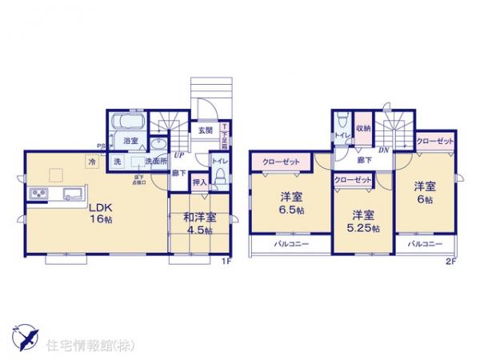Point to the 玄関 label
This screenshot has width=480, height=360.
[x=206, y=129]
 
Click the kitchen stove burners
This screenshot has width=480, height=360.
[x=40, y=194]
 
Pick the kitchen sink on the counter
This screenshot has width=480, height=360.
[x=70, y=193]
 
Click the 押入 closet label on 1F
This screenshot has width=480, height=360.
[x=200, y=182]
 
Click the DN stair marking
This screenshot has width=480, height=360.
[x=383, y=150]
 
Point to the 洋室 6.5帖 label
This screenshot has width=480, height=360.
[x=291, y=202]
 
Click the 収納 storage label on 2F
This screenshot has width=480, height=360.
[x=363, y=126]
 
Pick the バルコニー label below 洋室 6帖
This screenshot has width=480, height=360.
[x=423, y=243]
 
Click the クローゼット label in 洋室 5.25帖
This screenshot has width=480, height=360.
[x=353, y=181]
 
